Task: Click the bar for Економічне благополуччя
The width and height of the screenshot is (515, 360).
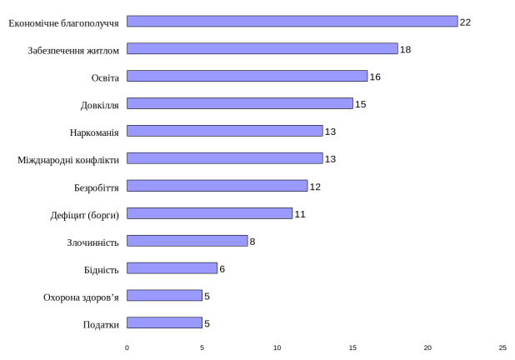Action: [x=292, y=22]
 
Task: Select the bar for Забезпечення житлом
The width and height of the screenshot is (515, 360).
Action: [x=262, y=49]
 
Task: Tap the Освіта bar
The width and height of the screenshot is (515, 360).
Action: [x=247, y=77]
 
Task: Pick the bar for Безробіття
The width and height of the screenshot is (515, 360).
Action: [x=217, y=186]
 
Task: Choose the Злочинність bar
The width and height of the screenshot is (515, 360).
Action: [x=187, y=241]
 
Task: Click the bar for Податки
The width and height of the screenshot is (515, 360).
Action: [x=165, y=323]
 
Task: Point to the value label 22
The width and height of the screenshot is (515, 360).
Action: [x=466, y=22]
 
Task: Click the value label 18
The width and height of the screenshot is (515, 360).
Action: [x=406, y=49]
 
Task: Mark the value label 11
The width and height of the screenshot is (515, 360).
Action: [x=300, y=214]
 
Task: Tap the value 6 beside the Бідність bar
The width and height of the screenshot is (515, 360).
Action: [x=222, y=269]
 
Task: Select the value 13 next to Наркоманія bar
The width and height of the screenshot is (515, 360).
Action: [x=330, y=132]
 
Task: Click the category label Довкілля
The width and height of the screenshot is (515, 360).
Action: [x=100, y=105]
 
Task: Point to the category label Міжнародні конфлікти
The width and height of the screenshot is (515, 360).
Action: [x=68, y=159]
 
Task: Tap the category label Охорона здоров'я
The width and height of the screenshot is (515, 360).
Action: [x=81, y=297]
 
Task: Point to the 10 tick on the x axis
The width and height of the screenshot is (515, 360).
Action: [x=277, y=347]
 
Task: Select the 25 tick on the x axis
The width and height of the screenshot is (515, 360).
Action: [x=502, y=347]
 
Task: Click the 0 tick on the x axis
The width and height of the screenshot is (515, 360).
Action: [x=127, y=347]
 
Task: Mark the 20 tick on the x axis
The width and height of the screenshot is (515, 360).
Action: [x=427, y=347]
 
